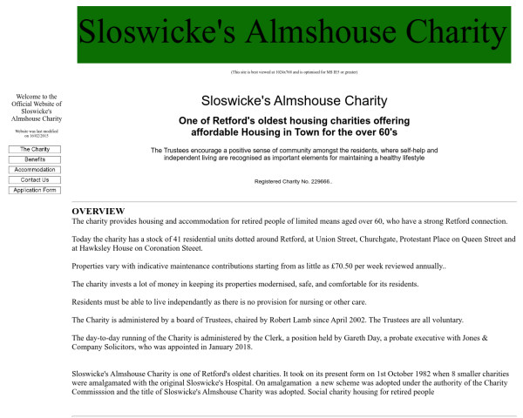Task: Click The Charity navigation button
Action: click(35, 150)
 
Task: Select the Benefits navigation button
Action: click(35, 159)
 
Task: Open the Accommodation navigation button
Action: click(35, 170)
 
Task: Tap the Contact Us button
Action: click(35, 180)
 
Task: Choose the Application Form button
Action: click(35, 190)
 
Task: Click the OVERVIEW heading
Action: click(98, 212)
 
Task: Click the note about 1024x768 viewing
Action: click(292, 72)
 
